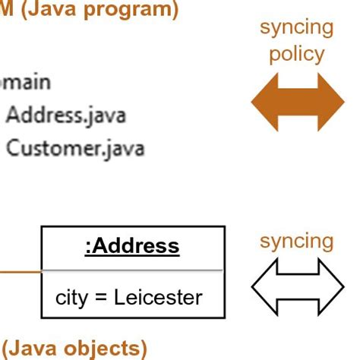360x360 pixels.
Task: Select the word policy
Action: tap(297, 55)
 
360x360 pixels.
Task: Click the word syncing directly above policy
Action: tap(297, 28)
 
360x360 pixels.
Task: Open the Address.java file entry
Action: tap(66, 115)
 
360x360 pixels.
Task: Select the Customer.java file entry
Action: tap(74, 147)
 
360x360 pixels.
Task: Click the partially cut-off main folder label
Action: tap(25, 82)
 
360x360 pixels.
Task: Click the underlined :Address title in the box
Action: tap(132, 246)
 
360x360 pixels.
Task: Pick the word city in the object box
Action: tap(71, 296)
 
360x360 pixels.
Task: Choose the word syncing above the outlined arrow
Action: tap(297, 242)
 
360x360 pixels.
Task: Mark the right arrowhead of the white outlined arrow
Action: tap(331, 287)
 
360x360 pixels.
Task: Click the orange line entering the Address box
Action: tap(20, 270)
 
